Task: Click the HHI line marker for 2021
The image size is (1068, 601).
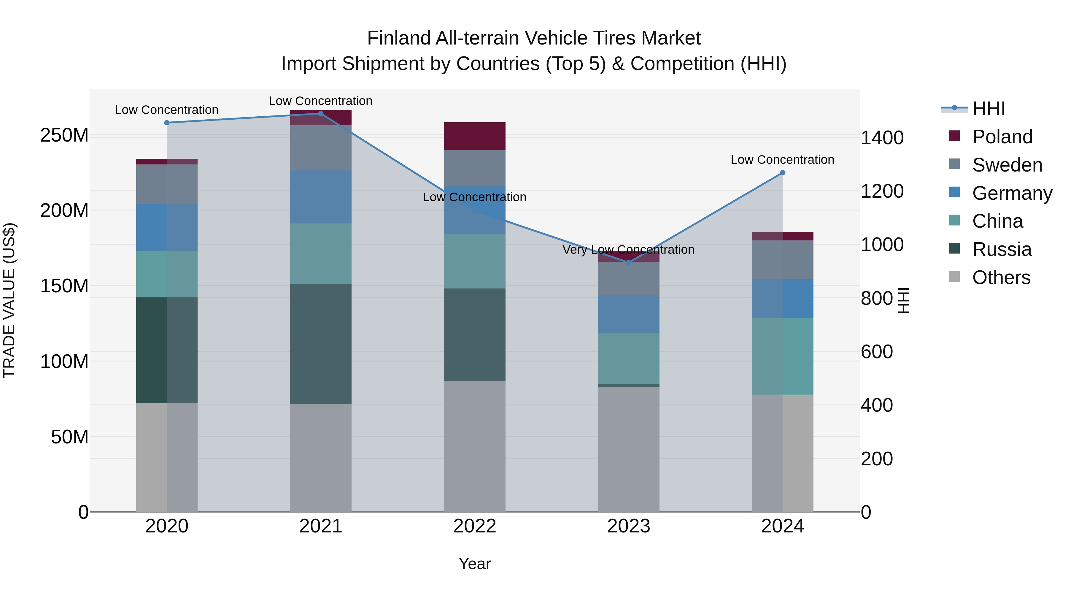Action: click(x=320, y=114)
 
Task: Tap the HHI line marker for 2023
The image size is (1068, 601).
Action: click(x=629, y=263)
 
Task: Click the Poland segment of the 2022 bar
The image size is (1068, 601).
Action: click(x=475, y=136)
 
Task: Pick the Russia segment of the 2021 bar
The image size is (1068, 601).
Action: click(x=320, y=344)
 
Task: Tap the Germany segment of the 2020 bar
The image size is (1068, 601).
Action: click(x=167, y=227)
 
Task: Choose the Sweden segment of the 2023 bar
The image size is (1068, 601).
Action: click(x=629, y=279)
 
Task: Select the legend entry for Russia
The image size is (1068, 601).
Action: click(x=1001, y=249)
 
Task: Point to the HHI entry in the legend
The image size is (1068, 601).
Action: click(x=988, y=109)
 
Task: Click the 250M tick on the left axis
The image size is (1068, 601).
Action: click(x=64, y=135)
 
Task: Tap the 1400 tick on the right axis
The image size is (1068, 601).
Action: click(x=882, y=138)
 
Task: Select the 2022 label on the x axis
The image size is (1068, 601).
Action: click(x=475, y=526)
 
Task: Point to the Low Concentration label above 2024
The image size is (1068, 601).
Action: click(x=782, y=160)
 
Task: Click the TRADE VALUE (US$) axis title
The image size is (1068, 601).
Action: click(x=9, y=300)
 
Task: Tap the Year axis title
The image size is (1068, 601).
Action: click(x=475, y=564)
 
